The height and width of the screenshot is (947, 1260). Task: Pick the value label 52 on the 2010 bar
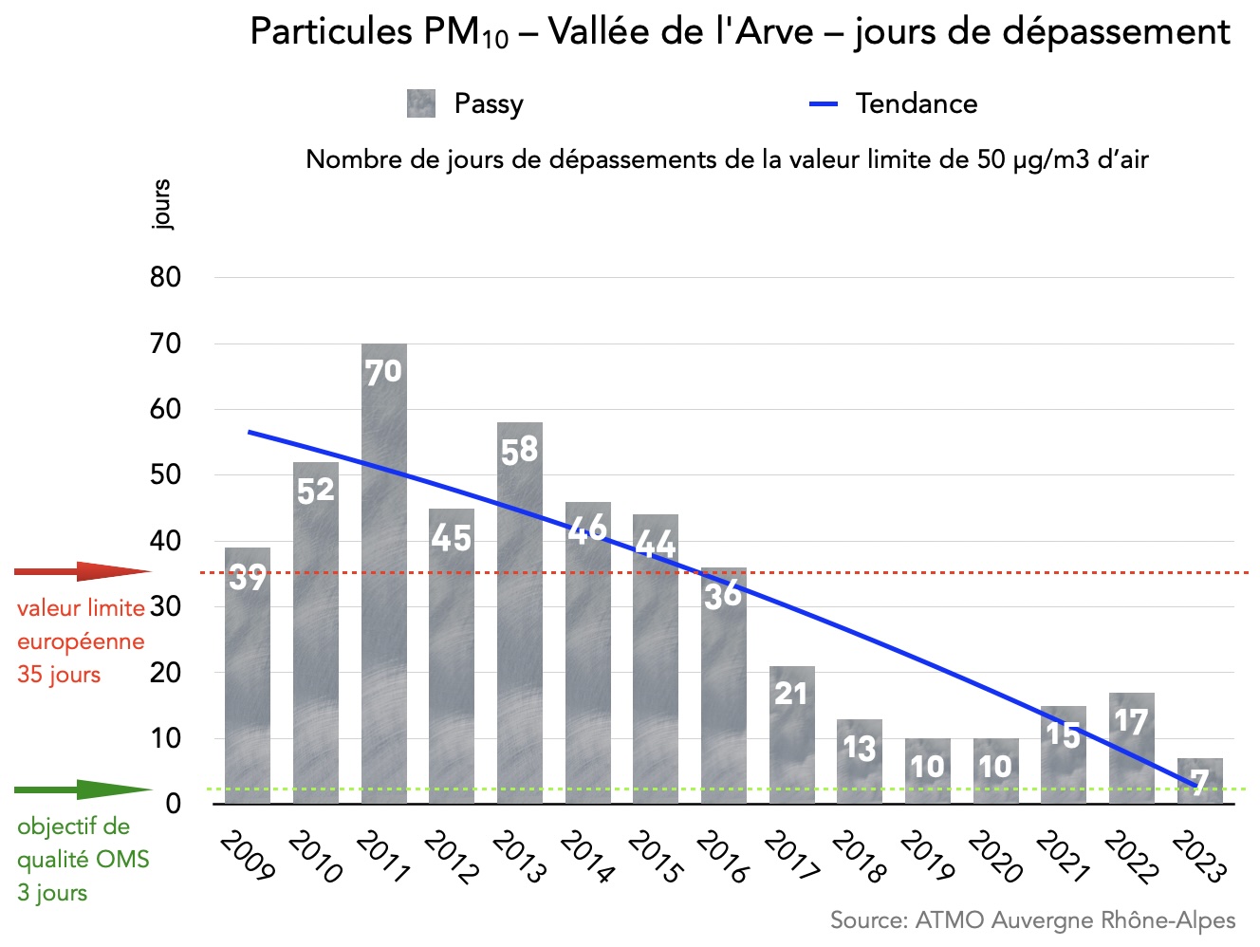click(x=316, y=491)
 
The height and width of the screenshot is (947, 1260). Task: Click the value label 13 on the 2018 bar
click(x=860, y=749)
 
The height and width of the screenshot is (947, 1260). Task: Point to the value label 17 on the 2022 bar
click(x=1131, y=722)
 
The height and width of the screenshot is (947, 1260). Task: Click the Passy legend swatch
click(x=421, y=103)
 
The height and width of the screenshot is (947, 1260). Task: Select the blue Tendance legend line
click(x=824, y=103)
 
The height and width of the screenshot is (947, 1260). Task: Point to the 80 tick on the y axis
click(x=165, y=277)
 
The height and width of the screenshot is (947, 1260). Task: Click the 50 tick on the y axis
click(x=165, y=474)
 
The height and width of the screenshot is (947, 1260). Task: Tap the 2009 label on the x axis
click(x=247, y=854)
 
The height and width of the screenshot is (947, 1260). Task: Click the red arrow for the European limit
click(x=83, y=572)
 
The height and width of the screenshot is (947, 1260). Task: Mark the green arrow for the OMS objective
click(x=83, y=789)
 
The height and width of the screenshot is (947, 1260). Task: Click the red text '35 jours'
click(x=59, y=675)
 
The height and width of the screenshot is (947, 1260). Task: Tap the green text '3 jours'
click(x=52, y=893)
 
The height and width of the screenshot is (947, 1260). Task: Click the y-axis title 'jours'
click(x=161, y=204)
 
